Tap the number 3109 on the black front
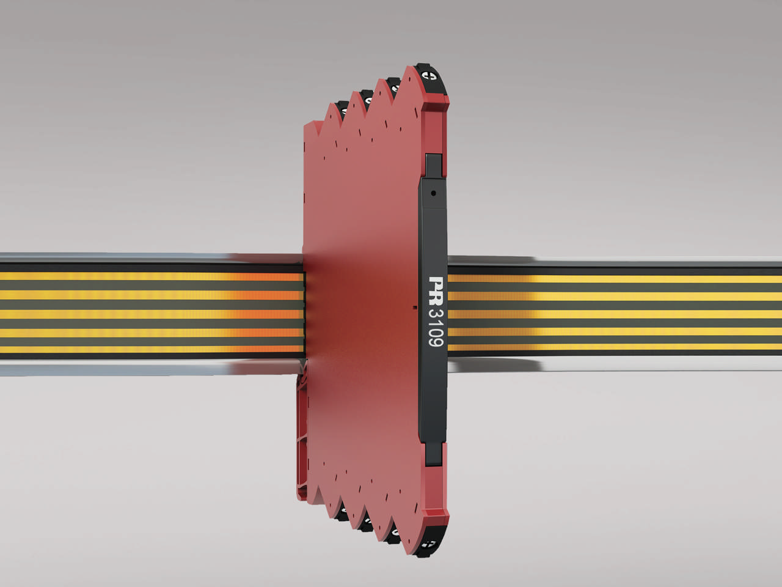click(x=436, y=327)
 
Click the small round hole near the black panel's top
click(x=433, y=193)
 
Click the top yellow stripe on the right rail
click(x=611, y=279)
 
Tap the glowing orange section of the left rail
click(x=269, y=312)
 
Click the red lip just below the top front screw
click(x=437, y=101)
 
